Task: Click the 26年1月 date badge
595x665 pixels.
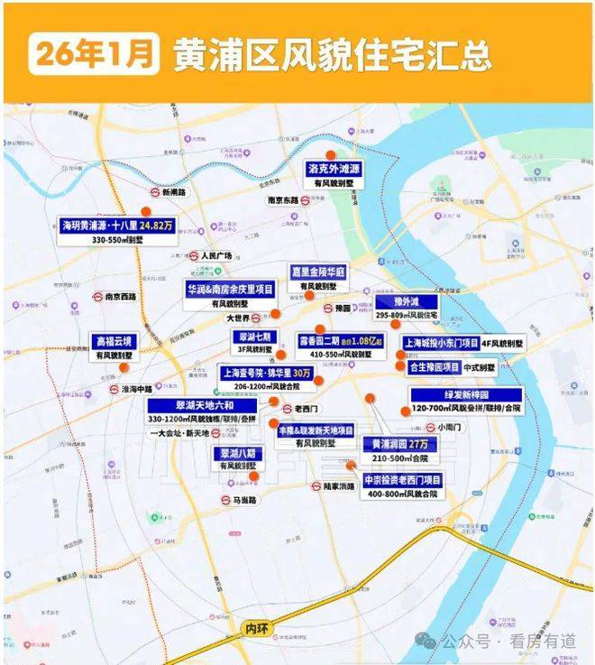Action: pyautogui.click(x=92, y=53)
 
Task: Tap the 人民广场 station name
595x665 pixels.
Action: pyautogui.click(x=216, y=255)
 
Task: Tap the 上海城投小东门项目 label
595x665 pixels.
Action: pyautogui.click(x=440, y=344)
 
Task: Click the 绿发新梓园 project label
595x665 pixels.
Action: pyautogui.click(x=465, y=395)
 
